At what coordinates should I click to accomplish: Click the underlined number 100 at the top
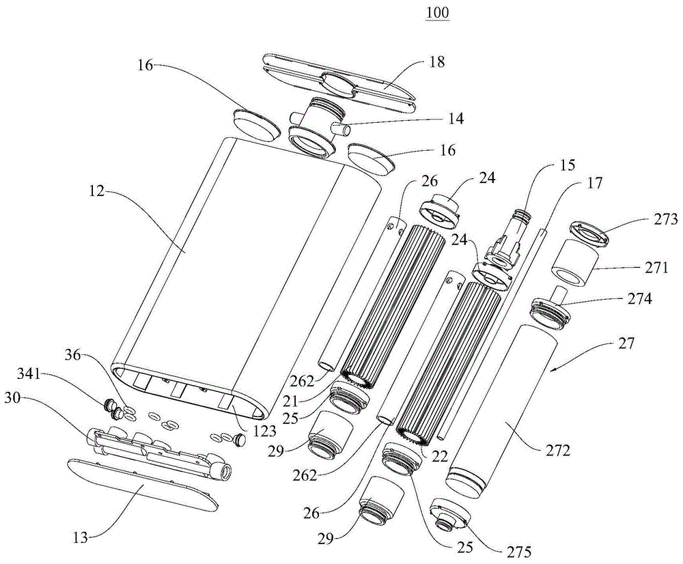coord(437,12)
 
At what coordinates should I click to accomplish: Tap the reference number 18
coord(437,62)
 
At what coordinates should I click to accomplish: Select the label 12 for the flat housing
coord(97,191)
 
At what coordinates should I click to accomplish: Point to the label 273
coord(666,219)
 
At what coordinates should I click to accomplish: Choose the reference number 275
coord(520,552)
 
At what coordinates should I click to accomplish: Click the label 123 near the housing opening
coord(264,431)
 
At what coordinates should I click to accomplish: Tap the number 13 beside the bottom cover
coord(80,538)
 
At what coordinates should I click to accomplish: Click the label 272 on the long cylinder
coord(558,450)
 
